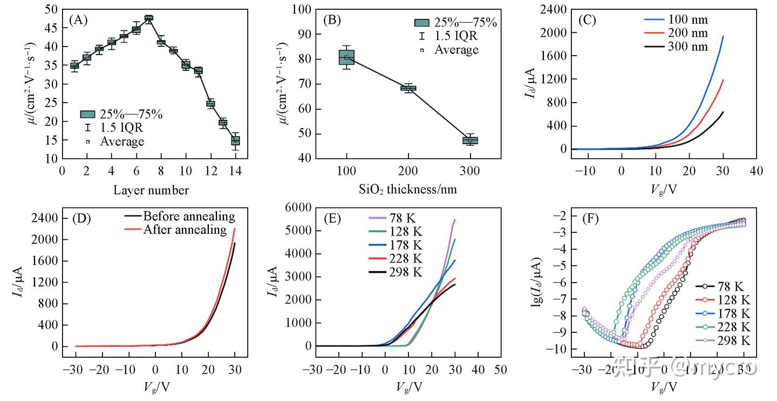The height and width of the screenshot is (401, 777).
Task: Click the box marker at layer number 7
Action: [x=149, y=18]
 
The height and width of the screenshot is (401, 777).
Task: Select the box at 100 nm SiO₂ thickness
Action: [x=346, y=57]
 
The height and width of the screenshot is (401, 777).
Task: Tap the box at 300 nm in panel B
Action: [x=470, y=141]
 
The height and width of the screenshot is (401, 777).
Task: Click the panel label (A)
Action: [x=78, y=20]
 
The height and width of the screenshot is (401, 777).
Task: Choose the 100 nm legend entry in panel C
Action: [x=676, y=20]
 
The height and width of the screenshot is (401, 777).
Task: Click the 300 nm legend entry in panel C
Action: [x=676, y=46]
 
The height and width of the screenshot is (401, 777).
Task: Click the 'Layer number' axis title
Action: [x=151, y=190]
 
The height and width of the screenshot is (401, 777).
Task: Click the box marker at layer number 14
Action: [x=235, y=141]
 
